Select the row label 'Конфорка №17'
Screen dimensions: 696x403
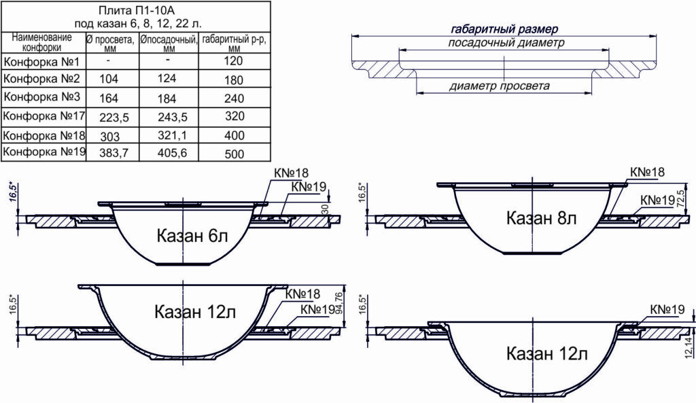point(43,116)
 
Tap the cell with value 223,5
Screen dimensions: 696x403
point(114,117)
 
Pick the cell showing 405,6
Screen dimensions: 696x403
point(172,153)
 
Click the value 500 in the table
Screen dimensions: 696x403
point(234,154)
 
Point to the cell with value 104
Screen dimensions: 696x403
point(109,79)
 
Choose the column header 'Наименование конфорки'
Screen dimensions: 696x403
point(41,42)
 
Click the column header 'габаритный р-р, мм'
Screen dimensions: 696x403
point(234,43)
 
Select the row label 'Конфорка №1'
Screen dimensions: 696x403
point(41,61)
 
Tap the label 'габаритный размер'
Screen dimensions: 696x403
point(504,29)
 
